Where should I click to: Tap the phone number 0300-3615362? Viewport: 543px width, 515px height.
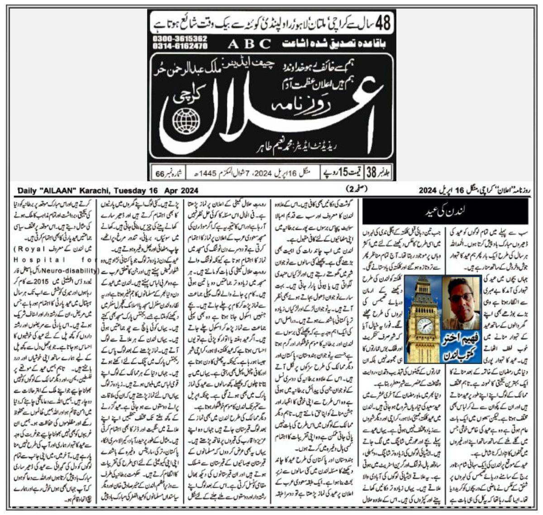(176, 39)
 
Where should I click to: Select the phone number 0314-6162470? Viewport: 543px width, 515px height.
(176, 46)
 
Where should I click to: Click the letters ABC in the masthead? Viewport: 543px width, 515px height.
(249, 44)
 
